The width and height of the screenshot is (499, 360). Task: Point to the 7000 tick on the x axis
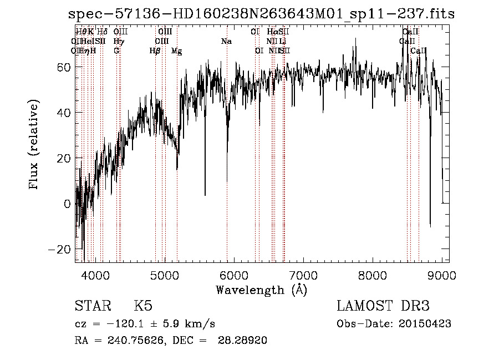tap(303, 273)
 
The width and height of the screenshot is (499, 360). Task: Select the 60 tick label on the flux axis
tap(65, 67)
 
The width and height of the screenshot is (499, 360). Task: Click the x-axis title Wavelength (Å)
tap(261, 290)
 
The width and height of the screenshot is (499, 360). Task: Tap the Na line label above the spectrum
tap(226, 42)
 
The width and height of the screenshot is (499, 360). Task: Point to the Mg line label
tap(176, 51)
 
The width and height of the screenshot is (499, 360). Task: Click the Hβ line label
tap(155, 51)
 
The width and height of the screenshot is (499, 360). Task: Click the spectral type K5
tap(142, 306)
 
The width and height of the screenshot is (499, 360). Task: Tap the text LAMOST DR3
tap(383, 306)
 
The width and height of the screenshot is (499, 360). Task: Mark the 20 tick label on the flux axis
tap(65, 158)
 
